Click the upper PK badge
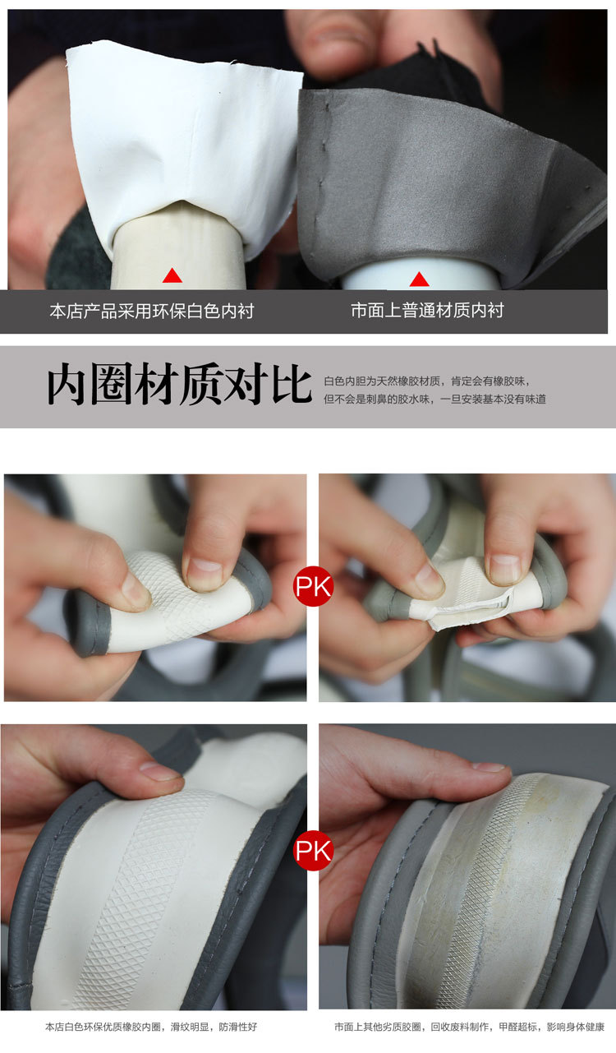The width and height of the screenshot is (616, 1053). (x=314, y=586)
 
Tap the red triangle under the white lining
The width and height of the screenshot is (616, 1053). (x=172, y=275)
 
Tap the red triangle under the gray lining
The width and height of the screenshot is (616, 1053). (x=419, y=279)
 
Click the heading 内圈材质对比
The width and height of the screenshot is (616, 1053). (x=179, y=384)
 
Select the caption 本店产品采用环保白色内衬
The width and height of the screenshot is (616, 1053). (x=152, y=311)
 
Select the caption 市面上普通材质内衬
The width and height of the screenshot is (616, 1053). (x=428, y=310)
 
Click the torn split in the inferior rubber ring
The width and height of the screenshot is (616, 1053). (x=470, y=607)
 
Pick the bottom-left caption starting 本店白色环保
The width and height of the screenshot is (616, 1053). (x=151, y=1027)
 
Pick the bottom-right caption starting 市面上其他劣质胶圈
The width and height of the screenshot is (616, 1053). (x=469, y=1027)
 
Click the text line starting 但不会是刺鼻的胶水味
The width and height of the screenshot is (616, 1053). (x=434, y=399)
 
